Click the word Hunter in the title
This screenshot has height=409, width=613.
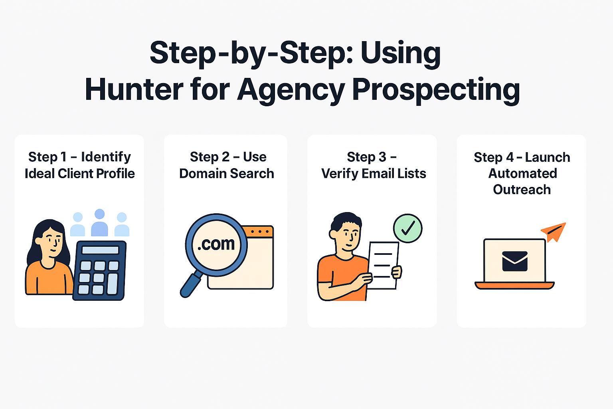134,89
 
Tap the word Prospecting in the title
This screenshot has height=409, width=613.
436,91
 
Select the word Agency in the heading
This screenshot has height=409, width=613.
291,91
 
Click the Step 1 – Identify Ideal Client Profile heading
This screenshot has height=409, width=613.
80,165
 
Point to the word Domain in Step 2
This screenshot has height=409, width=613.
203,173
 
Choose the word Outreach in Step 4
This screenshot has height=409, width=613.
522,190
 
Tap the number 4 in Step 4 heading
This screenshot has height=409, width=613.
510,157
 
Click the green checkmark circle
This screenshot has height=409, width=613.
408,228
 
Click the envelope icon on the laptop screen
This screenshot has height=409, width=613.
515,261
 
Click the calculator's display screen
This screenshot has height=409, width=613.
101,250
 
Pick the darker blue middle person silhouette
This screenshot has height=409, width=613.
100,222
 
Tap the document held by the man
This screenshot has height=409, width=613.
383,265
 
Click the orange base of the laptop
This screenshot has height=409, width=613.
514,286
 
